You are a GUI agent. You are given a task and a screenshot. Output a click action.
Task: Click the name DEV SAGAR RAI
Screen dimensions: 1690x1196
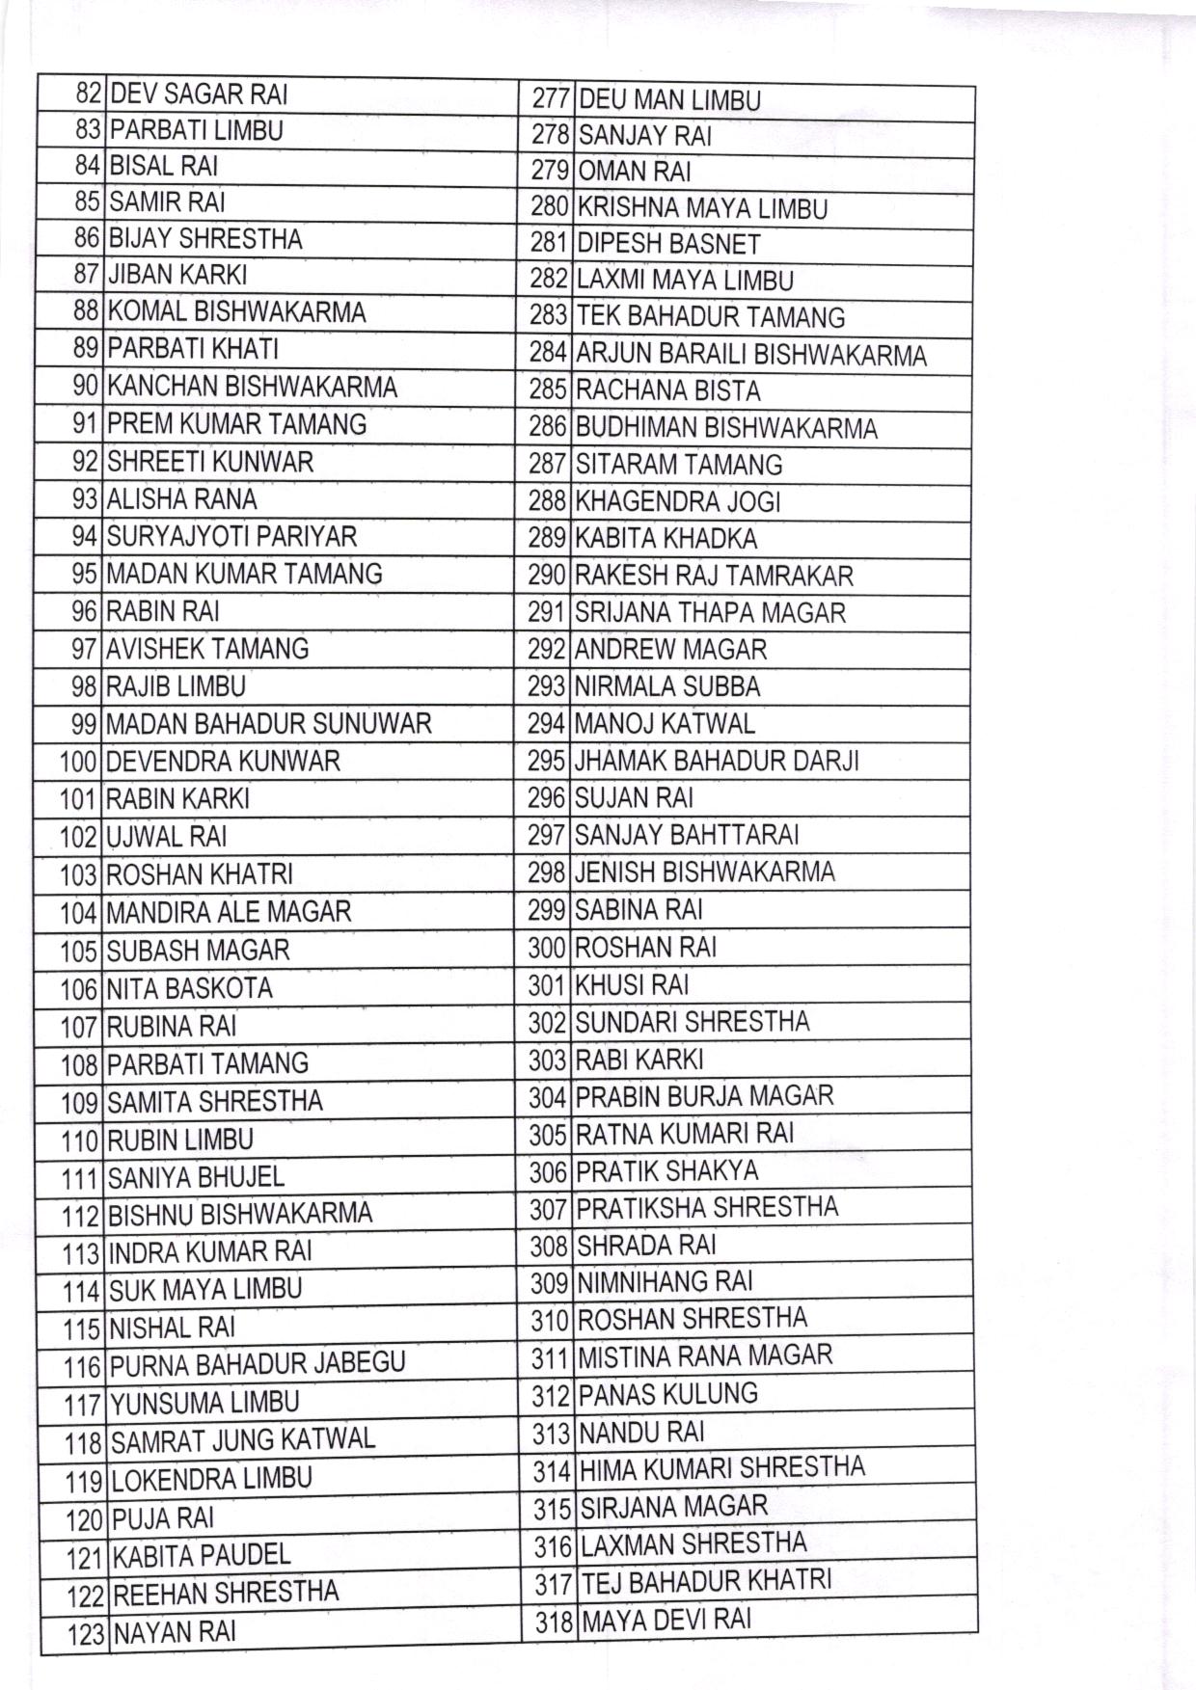click(199, 94)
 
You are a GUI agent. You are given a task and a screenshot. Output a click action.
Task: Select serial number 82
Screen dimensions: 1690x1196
click(88, 94)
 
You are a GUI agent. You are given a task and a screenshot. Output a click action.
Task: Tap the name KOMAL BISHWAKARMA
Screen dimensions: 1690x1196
click(236, 312)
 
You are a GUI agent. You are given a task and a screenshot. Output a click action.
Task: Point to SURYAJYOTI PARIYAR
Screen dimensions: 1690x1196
click(231, 536)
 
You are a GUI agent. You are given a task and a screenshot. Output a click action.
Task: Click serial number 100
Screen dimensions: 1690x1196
click(79, 762)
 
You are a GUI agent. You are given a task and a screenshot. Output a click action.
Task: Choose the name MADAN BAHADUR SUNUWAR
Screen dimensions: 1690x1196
click(268, 724)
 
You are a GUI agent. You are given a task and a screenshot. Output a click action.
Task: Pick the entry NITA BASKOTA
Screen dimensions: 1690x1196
click(189, 988)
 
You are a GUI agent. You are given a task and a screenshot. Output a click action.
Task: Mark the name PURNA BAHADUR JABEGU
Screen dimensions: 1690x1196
click(258, 1364)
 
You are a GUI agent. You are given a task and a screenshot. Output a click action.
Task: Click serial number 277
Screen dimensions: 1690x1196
click(553, 100)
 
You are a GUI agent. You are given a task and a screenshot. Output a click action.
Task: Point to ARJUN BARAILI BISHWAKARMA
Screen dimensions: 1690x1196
click(751, 355)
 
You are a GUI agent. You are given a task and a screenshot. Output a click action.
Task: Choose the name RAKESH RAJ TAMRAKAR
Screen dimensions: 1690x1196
click(714, 577)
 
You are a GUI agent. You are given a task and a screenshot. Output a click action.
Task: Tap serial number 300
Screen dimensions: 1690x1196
click(547, 948)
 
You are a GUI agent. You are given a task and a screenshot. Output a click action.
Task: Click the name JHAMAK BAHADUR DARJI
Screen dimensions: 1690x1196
click(717, 761)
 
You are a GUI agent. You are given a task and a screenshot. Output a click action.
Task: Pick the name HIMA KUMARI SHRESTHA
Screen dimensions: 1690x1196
click(722, 1468)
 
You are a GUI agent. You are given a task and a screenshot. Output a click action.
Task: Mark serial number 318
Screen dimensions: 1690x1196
click(556, 1622)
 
